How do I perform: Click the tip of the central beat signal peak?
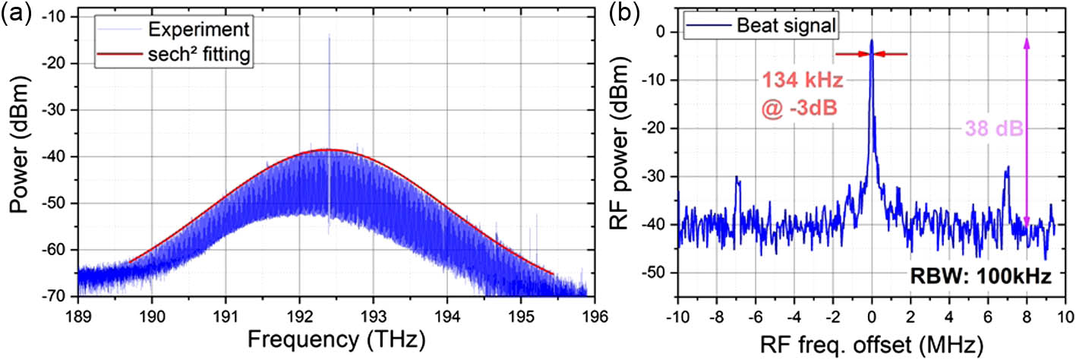click(872, 41)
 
